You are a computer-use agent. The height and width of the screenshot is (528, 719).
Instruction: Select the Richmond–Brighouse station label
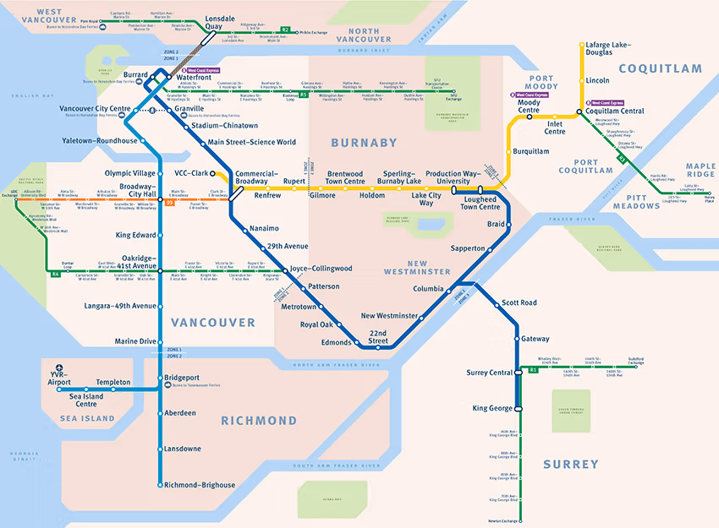tap(200, 485)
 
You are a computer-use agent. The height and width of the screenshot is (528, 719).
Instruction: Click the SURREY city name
tap(570, 464)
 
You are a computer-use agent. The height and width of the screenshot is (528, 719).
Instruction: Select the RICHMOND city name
tap(259, 421)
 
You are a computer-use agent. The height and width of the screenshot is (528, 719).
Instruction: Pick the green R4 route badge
tap(56, 274)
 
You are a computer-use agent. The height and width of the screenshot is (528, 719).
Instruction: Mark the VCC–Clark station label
tap(190, 173)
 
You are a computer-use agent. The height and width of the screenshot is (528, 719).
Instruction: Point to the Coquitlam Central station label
tap(615, 111)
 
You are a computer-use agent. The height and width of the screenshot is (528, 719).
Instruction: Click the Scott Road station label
tap(519, 302)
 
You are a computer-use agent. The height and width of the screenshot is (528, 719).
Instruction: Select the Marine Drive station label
tap(135, 341)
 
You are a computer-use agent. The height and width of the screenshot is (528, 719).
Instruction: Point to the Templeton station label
tap(113, 382)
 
